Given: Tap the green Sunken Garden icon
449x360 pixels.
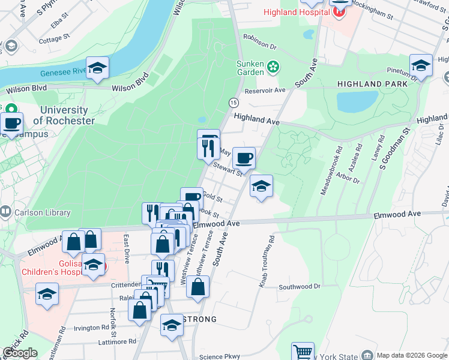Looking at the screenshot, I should [273, 67].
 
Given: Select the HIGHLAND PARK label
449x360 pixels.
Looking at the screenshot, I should [372, 84].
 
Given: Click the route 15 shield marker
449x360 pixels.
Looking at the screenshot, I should [233, 103].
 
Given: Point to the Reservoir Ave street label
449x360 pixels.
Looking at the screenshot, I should [265, 91].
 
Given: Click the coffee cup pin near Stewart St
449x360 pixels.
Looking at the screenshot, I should [244, 159].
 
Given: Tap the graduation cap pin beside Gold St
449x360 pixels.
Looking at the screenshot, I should [262, 187].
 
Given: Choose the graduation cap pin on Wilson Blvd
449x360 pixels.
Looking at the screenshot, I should [97, 68].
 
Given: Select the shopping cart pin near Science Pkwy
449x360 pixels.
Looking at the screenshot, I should [303, 352].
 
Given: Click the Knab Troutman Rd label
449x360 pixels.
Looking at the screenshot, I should [267, 261].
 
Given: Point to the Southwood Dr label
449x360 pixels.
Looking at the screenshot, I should [299, 287].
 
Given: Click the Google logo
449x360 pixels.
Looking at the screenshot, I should [20, 353].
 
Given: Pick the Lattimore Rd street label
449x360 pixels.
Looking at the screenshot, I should [117, 342].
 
